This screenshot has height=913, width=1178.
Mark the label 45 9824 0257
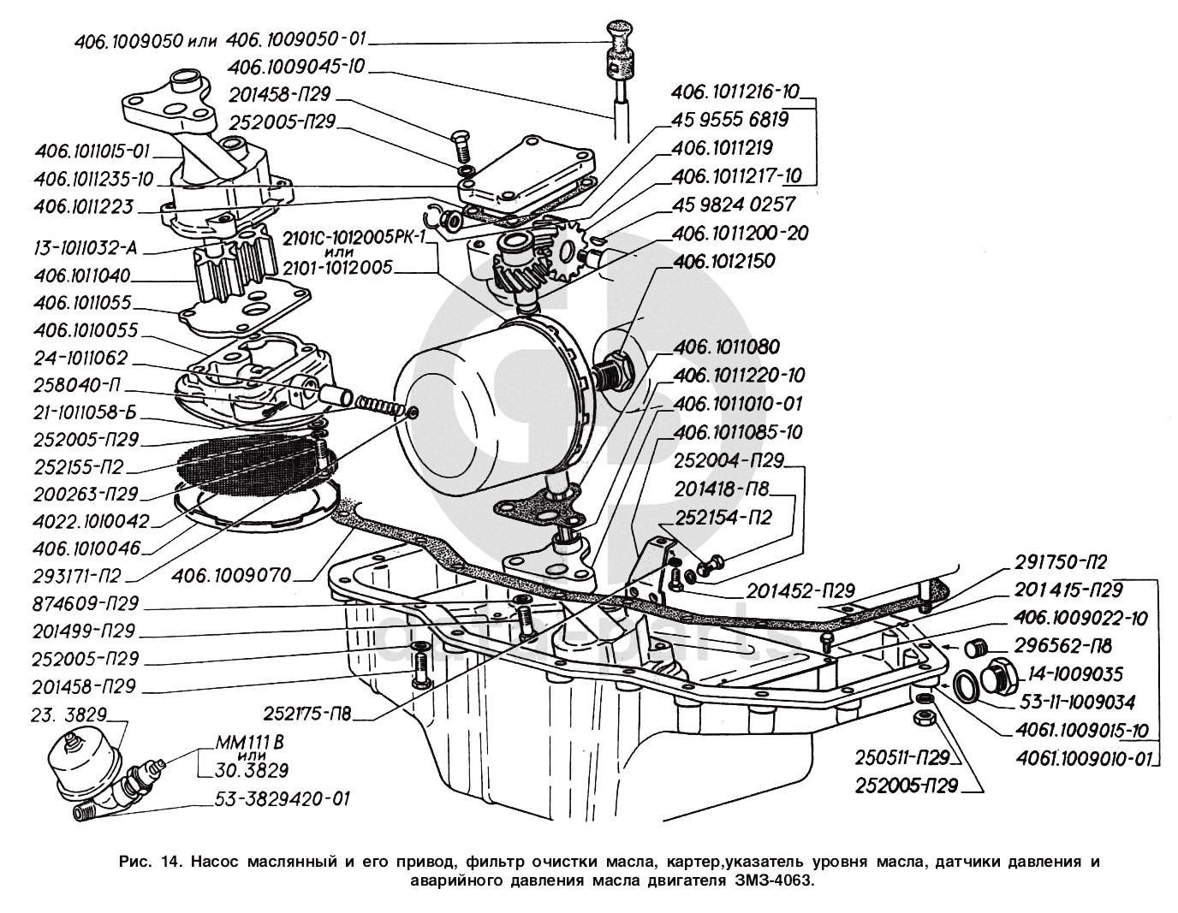click(x=735, y=205)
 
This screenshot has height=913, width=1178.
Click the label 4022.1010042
click(x=92, y=520)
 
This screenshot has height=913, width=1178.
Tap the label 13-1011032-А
click(x=86, y=249)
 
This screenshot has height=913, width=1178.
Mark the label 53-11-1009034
click(x=1078, y=703)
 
